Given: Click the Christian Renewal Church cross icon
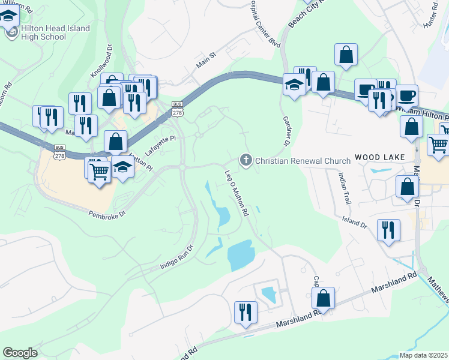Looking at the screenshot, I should (245, 160).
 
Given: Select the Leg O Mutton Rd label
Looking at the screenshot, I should (237, 191).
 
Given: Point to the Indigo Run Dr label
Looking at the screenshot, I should (177, 256).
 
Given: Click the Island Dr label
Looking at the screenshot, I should (354, 223).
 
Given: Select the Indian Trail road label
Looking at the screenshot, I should (343, 185).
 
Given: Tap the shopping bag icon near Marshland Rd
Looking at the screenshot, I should (323, 298).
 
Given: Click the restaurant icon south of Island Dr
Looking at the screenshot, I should (388, 230).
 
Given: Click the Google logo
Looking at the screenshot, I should (20, 353).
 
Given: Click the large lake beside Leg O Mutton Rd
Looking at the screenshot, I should (241, 254).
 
